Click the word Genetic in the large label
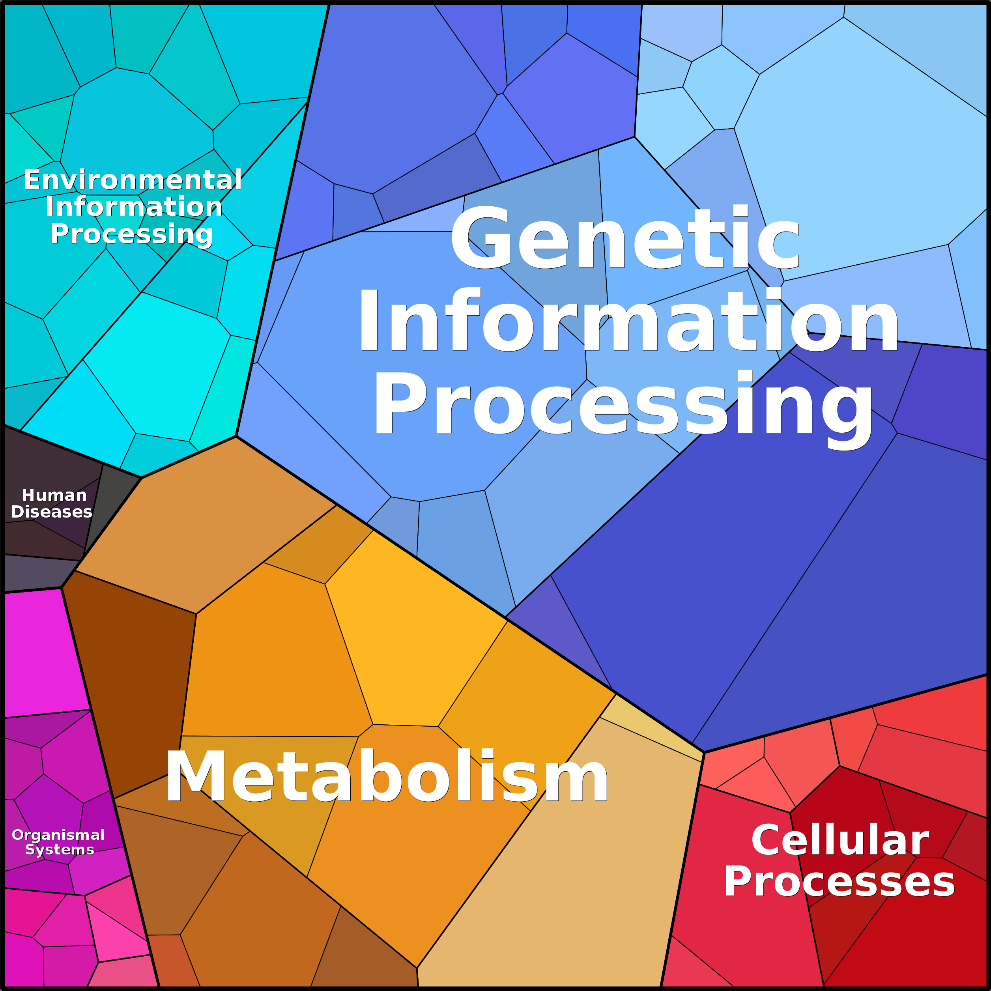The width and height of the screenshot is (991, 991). pyautogui.click(x=625, y=237)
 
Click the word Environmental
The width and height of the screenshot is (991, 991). pyautogui.click(x=133, y=180)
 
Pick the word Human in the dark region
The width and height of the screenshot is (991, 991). pyautogui.click(x=54, y=495)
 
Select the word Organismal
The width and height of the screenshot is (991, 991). pyautogui.click(x=58, y=836)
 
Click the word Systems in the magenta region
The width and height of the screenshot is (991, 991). pyautogui.click(x=60, y=850)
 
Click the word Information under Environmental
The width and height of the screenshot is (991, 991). pyautogui.click(x=134, y=206)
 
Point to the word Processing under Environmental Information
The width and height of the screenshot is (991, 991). pyautogui.click(x=132, y=234)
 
